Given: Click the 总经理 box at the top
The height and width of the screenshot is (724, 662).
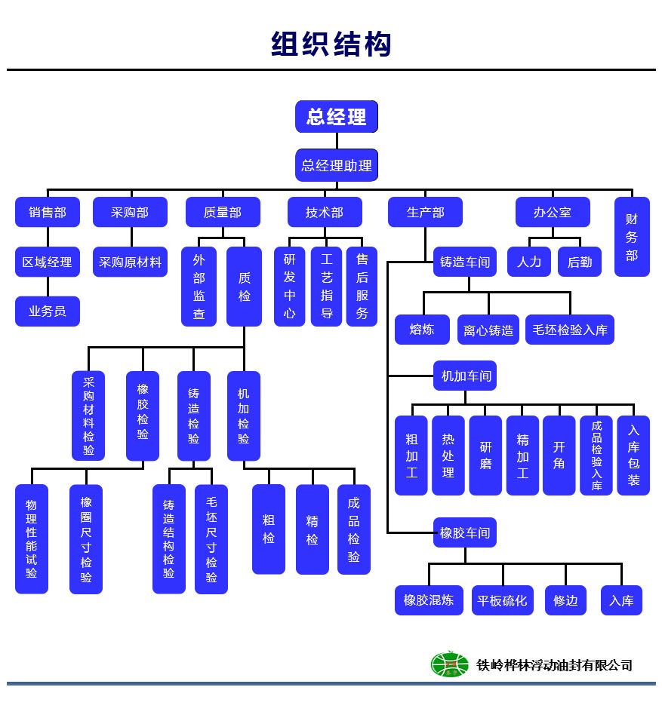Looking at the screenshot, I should click(336, 117).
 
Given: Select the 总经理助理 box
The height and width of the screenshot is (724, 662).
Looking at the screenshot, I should click(336, 165).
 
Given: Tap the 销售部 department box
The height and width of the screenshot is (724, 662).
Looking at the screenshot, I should click(48, 213).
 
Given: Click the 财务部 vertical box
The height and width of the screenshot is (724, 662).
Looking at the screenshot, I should click(632, 237).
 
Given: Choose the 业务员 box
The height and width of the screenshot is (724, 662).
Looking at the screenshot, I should click(48, 311).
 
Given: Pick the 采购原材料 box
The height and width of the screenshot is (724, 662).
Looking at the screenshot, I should click(130, 262).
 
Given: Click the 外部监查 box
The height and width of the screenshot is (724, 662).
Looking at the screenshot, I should click(199, 287).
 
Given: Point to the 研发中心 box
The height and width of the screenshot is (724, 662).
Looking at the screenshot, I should click(289, 287).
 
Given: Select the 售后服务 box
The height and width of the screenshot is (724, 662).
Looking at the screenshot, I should click(362, 287).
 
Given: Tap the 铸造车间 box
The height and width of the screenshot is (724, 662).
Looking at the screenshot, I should click(465, 262).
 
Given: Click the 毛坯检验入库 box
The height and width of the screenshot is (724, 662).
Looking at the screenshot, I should click(569, 330).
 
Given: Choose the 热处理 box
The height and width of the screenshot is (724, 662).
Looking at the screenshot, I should click(448, 456).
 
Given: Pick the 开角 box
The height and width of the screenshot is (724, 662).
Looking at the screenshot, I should click(559, 456).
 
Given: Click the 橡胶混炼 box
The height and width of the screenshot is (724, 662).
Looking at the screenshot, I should click(429, 600).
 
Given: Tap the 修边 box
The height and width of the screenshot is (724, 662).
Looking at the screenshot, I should click(565, 600).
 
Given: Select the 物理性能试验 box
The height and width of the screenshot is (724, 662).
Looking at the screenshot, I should click(31, 538).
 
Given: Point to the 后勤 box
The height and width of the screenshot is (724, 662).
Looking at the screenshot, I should click(580, 262).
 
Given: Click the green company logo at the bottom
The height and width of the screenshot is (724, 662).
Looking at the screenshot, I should click(449, 664).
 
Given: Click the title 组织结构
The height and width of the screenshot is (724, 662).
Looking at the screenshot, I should click(331, 44).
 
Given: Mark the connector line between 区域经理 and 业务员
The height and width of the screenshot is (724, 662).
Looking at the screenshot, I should click(48, 287).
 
